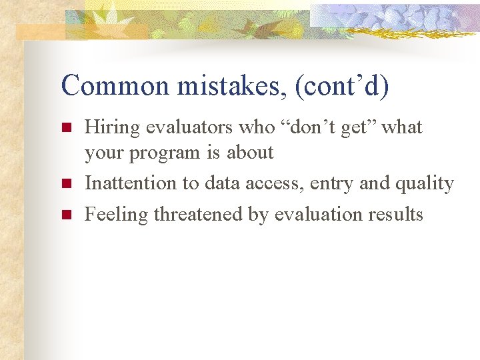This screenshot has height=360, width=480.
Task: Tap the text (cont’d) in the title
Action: [x=339, y=85]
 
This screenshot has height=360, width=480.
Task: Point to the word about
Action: [x=250, y=152]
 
